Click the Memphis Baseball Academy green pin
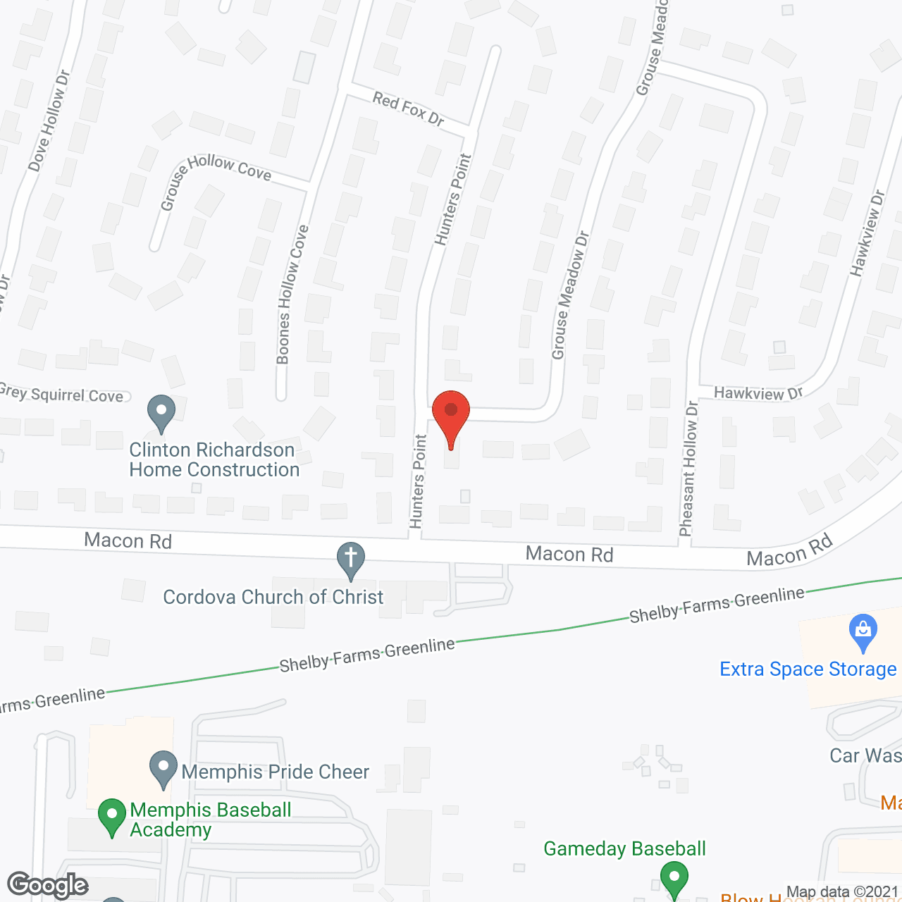(x=111, y=815)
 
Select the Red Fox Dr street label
(x=409, y=109)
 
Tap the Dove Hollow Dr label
(x=49, y=121)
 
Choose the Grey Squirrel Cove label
(x=62, y=394)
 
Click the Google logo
(x=48, y=885)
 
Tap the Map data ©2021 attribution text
(x=843, y=891)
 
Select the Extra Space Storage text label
(x=808, y=669)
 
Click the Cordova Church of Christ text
(x=273, y=597)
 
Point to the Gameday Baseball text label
(x=624, y=848)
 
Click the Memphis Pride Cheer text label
(x=275, y=772)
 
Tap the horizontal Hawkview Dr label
(x=758, y=393)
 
